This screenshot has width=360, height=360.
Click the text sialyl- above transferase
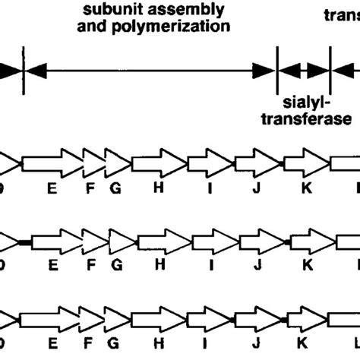click(304, 102)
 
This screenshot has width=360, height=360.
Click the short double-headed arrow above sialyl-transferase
click(305, 70)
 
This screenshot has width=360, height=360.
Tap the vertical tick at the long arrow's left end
click(24, 70)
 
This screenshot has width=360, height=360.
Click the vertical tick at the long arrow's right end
click(277, 70)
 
